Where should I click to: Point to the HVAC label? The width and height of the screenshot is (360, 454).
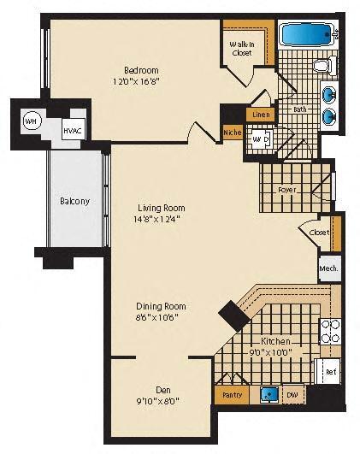(73, 129)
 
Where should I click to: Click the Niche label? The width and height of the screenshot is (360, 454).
(232, 133)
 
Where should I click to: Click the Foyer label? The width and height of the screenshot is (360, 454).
(287, 190)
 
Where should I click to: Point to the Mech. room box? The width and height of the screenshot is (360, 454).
(329, 268)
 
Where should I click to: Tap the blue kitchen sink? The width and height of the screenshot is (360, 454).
(270, 395)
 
